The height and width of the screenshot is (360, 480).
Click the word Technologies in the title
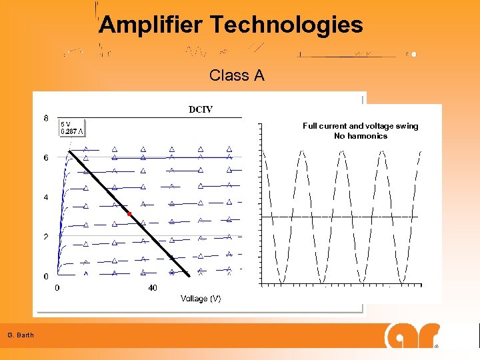[x=287, y=25]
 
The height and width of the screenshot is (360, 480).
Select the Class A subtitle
[x=237, y=75]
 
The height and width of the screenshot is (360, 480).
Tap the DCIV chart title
[x=201, y=109]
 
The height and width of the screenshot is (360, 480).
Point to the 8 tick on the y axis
[x=46, y=119]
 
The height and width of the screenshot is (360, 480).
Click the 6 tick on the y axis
[x=46, y=158]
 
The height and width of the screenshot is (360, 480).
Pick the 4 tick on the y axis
[x=46, y=197]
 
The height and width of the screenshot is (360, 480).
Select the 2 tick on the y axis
[x=46, y=237]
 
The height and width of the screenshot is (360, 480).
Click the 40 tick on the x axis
[x=153, y=288]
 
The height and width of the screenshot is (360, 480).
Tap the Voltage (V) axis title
[x=201, y=299]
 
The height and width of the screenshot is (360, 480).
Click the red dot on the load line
[x=129, y=214]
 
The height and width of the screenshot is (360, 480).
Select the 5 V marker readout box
[x=72, y=127]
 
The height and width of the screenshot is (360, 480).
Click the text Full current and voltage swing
[x=360, y=126]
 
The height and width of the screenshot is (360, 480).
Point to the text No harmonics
[x=360, y=136]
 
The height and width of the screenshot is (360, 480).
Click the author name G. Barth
[x=21, y=335]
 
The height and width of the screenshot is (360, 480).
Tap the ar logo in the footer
[x=412, y=335]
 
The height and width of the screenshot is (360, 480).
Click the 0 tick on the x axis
[x=57, y=288]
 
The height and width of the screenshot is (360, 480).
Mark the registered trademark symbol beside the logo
[x=437, y=347]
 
